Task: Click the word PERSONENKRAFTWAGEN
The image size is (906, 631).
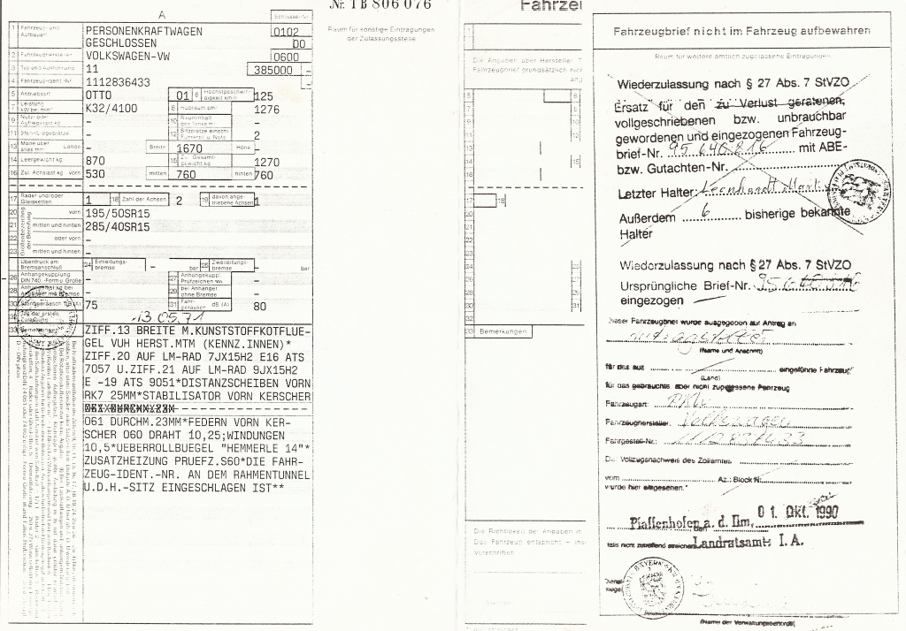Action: tap(143, 31)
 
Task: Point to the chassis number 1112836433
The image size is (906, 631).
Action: tap(118, 81)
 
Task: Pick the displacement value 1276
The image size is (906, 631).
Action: tap(266, 110)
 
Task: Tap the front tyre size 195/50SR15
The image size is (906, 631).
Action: tap(118, 214)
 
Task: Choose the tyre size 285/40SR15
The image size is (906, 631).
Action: tap(118, 227)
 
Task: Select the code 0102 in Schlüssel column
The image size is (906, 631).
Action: tap(288, 31)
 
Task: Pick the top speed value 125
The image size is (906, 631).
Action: tap(264, 95)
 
